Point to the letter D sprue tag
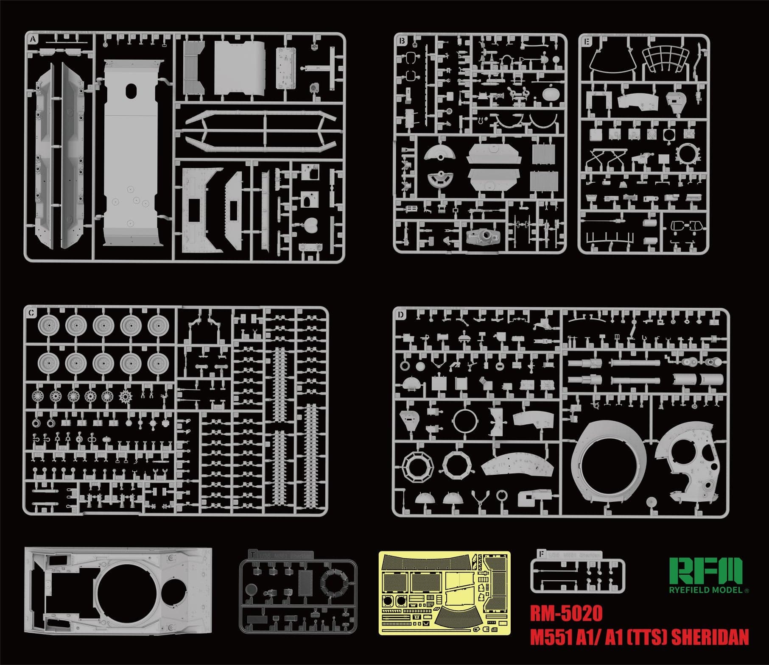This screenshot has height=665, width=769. click(400, 315)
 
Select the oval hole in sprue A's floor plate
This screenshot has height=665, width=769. click(132, 91)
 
